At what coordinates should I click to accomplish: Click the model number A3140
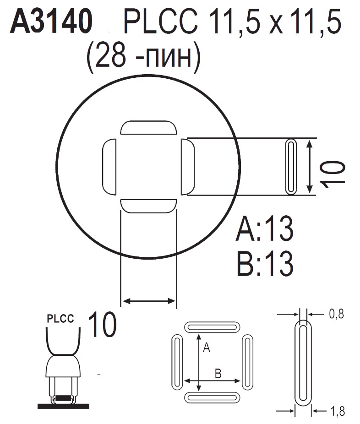(x=51, y=23)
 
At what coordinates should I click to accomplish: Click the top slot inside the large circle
(x=148, y=128)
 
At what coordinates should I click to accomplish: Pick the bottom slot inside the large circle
(x=148, y=206)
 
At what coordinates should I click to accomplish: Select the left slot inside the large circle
(x=109, y=167)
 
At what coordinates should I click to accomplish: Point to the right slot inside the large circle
(x=188, y=167)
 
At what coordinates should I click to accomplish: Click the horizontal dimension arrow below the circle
(x=148, y=301)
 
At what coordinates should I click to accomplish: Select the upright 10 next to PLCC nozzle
(x=101, y=325)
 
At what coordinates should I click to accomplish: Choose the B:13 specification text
(x=265, y=263)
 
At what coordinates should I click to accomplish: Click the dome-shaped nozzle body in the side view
(x=64, y=366)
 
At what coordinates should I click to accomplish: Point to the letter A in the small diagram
(x=206, y=348)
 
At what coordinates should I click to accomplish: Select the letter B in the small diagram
(x=218, y=374)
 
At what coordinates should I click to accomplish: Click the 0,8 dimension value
(x=336, y=314)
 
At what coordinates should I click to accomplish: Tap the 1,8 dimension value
(x=336, y=413)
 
